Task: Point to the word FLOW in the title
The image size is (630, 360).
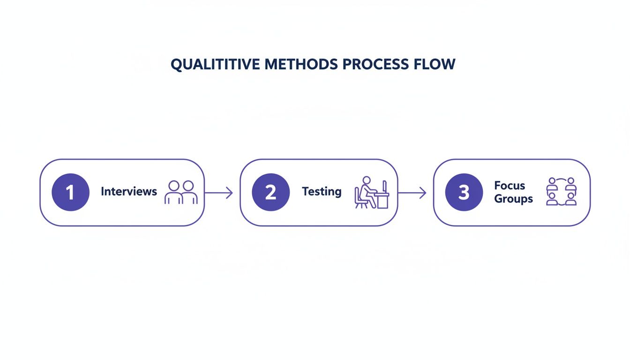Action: [x=435, y=64]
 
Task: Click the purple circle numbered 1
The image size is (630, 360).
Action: [x=70, y=192]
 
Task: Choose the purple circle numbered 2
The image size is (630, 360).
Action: [x=270, y=192]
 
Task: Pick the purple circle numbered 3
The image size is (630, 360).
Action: [x=464, y=192]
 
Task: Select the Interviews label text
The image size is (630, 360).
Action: [x=129, y=191]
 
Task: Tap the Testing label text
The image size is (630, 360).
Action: [x=322, y=191]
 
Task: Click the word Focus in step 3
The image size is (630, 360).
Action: [x=510, y=185]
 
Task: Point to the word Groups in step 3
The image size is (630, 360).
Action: [x=513, y=198]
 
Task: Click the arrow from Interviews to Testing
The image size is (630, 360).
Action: [x=219, y=193]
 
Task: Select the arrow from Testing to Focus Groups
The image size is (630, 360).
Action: [x=412, y=193]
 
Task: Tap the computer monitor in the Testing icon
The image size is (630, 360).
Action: [x=384, y=186]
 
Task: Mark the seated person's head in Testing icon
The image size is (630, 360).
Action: [x=367, y=180]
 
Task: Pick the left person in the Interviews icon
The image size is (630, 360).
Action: [x=172, y=192]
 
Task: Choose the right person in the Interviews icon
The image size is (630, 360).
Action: [x=189, y=192]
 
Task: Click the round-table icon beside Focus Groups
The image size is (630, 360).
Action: [x=561, y=191]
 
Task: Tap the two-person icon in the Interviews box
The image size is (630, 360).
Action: [x=181, y=192]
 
